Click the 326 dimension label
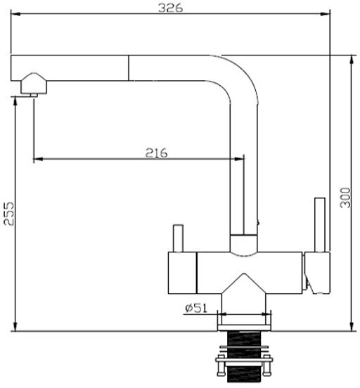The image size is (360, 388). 170,8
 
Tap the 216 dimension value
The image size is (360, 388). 156,153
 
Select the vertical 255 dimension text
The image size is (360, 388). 9,214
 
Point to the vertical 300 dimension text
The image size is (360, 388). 345,198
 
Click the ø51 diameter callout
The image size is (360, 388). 196,308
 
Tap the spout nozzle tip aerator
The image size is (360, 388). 34,95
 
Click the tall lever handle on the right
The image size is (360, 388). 320,225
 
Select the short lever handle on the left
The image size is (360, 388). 178,238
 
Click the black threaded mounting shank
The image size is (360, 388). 244,356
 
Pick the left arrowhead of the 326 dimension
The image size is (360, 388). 15,14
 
